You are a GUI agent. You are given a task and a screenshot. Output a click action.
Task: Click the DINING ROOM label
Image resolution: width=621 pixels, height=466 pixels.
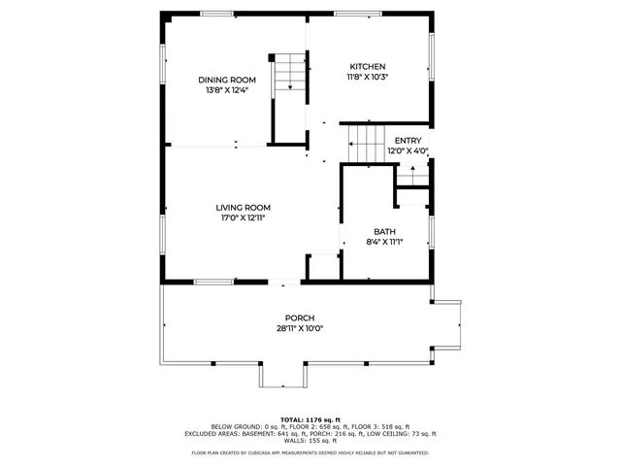tap(227, 80)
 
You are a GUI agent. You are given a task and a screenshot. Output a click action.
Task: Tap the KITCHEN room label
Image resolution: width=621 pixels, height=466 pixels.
tap(368, 65)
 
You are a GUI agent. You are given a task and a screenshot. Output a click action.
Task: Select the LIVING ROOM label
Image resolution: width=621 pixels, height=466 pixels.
tap(243, 207)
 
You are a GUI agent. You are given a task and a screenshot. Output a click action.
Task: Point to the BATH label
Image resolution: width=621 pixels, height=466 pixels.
tap(385, 231)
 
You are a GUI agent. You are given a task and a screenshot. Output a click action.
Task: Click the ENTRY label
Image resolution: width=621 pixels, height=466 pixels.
tap(408, 141)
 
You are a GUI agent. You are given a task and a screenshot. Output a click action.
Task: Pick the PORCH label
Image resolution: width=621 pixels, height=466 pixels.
tap(299, 318)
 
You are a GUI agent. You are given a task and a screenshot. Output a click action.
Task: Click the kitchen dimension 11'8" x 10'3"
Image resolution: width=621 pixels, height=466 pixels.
tap(368, 77)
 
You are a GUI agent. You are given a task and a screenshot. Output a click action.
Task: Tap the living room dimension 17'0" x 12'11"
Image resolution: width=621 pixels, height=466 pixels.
tap(243, 218)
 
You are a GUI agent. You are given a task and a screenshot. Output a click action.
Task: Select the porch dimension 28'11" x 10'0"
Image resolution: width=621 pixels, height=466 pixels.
tap(299, 329)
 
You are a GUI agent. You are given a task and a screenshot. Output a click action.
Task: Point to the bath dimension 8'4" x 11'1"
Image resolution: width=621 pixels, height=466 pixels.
tap(385, 243)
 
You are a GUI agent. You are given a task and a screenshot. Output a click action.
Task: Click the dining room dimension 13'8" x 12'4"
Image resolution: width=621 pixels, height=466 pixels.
tap(227, 91)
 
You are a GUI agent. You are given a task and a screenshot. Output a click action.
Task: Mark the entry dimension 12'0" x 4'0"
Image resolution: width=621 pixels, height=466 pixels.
tap(408, 151)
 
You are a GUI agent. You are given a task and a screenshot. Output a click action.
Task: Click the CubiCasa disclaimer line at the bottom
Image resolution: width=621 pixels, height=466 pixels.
tap(310, 452)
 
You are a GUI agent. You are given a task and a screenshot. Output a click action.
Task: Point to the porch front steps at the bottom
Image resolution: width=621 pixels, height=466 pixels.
tap(283, 376)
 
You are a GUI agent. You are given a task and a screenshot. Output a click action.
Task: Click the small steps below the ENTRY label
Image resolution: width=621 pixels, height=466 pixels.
tap(412, 178)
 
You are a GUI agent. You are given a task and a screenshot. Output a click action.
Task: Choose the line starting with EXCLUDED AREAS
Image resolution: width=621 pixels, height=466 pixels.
tap(310, 434)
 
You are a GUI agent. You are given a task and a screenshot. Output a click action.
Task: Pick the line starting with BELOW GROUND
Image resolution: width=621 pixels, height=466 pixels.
tap(310, 426)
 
